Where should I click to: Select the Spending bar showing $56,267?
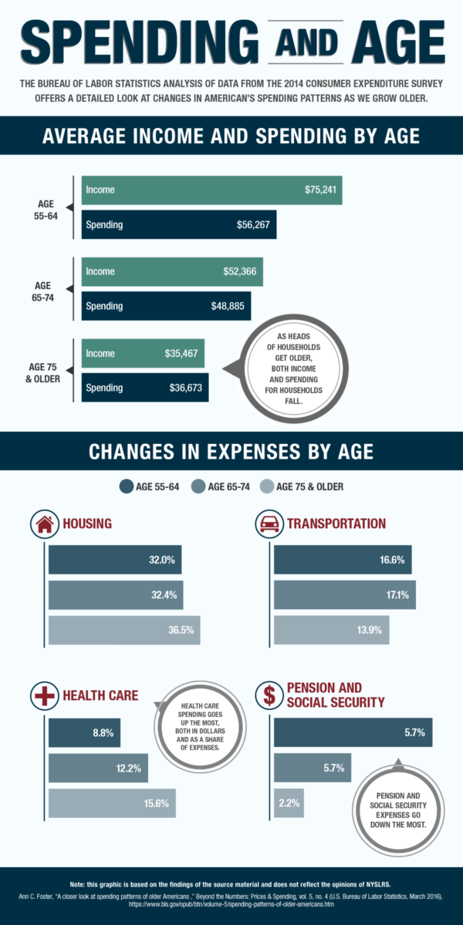click(x=179, y=225)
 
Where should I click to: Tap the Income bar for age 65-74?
click(x=172, y=271)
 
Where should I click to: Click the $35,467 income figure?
click(x=184, y=353)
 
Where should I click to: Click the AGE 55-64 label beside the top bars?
click(x=46, y=208)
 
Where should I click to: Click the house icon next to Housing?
click(x=44, y=524)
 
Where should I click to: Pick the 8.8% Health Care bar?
click(x=84, y=733)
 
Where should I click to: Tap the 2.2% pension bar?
click(x=289, y=802)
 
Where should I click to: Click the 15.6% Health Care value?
click(x=157, y=803)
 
